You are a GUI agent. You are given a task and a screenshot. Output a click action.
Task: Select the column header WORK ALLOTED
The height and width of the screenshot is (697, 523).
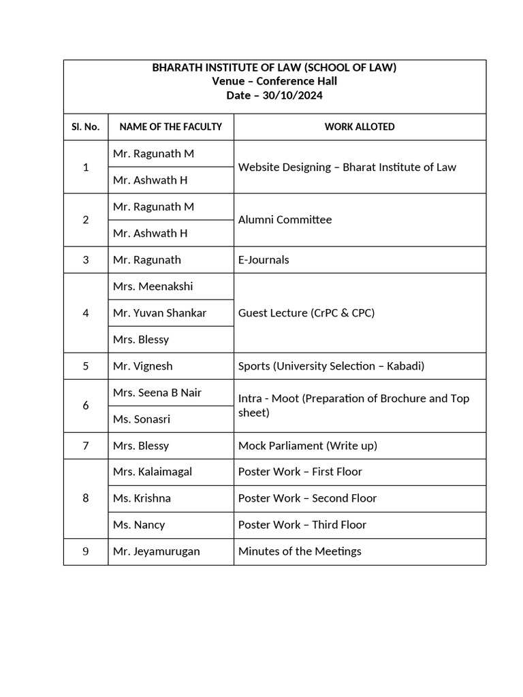point(360,127)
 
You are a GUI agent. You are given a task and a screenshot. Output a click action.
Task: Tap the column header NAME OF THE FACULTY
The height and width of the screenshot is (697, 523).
point(170,127)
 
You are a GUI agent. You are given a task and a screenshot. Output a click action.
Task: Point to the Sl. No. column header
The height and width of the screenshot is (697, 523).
point(86,127)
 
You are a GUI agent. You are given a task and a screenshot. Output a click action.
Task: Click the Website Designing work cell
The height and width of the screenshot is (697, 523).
point(347,167)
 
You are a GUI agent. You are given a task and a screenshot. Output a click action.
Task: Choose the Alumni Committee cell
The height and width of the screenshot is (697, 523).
point(285,220)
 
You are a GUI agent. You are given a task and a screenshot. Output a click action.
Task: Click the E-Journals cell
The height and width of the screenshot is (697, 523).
point(264,259)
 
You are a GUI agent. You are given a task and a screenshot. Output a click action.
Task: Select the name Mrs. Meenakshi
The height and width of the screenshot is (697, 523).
point(153,287)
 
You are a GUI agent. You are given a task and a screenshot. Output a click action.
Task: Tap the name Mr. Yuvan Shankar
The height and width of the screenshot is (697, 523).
point(160,313)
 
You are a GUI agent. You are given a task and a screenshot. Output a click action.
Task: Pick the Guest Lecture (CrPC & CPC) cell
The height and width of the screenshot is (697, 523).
point(306,313)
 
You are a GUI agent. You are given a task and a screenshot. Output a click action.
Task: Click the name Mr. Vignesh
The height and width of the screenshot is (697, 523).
point(143,366)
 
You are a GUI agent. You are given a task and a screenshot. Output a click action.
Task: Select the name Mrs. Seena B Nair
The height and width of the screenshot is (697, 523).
point(157,393)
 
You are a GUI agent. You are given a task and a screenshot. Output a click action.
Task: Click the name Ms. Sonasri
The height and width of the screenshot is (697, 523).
point(142,419)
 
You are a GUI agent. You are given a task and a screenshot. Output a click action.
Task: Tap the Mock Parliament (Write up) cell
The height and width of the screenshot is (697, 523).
point(308,446)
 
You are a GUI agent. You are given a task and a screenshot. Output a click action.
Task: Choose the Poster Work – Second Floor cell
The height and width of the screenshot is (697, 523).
point(307,498)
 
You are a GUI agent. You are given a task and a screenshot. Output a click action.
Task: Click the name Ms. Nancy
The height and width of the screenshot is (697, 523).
point(139,525)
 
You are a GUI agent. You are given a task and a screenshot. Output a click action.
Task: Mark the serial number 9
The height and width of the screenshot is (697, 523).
point(86,551)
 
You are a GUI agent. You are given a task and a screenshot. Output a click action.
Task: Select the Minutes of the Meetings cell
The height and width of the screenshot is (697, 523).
point(300,551)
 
